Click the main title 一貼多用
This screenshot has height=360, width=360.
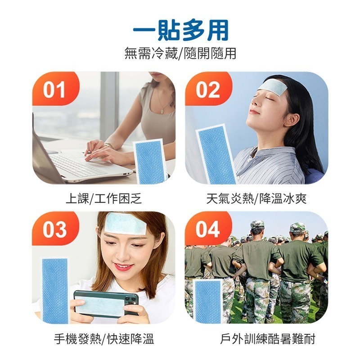click(180, 31)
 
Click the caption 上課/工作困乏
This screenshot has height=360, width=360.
click(103, 198)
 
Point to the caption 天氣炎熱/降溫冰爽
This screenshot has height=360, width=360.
click(256, 198)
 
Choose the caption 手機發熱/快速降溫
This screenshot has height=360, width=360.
click(103, 339)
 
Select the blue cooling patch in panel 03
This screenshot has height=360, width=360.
click(55, 290)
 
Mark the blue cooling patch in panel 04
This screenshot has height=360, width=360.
click(208, 301)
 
